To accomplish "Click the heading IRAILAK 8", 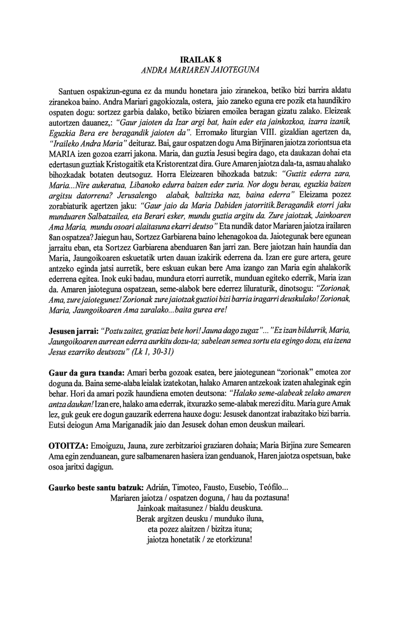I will click(x=200, y=59).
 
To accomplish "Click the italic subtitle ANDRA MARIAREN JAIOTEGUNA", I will click(x=200, y=70).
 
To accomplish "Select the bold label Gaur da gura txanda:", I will click(x=86, y=373).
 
